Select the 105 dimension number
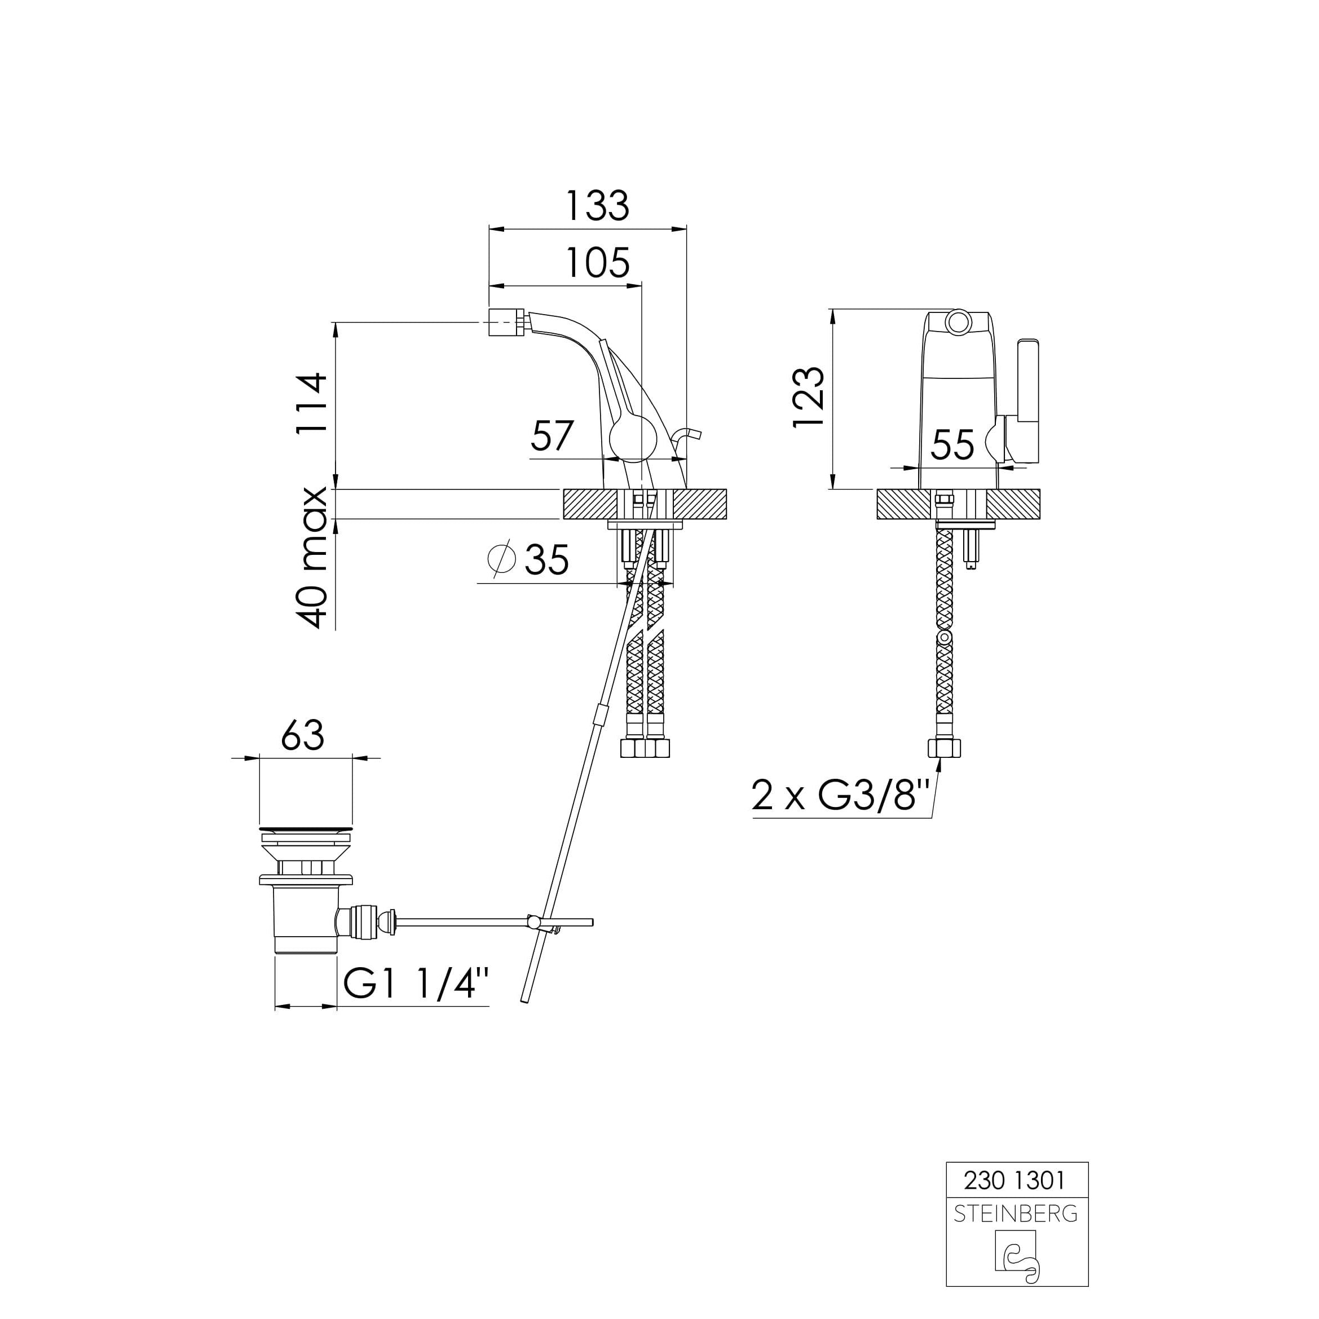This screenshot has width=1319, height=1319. point(598,263)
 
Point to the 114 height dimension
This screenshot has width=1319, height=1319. point(311,404)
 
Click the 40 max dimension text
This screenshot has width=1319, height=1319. point(311,557)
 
